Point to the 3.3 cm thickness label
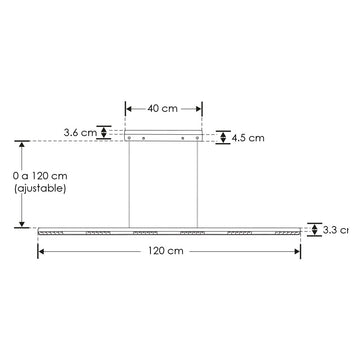coord(337,230)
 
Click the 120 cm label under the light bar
coord(169,253)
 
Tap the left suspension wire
coord(131,185)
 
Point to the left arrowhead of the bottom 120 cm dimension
coord(42,253)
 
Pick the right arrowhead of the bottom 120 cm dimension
coord(297,253)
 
